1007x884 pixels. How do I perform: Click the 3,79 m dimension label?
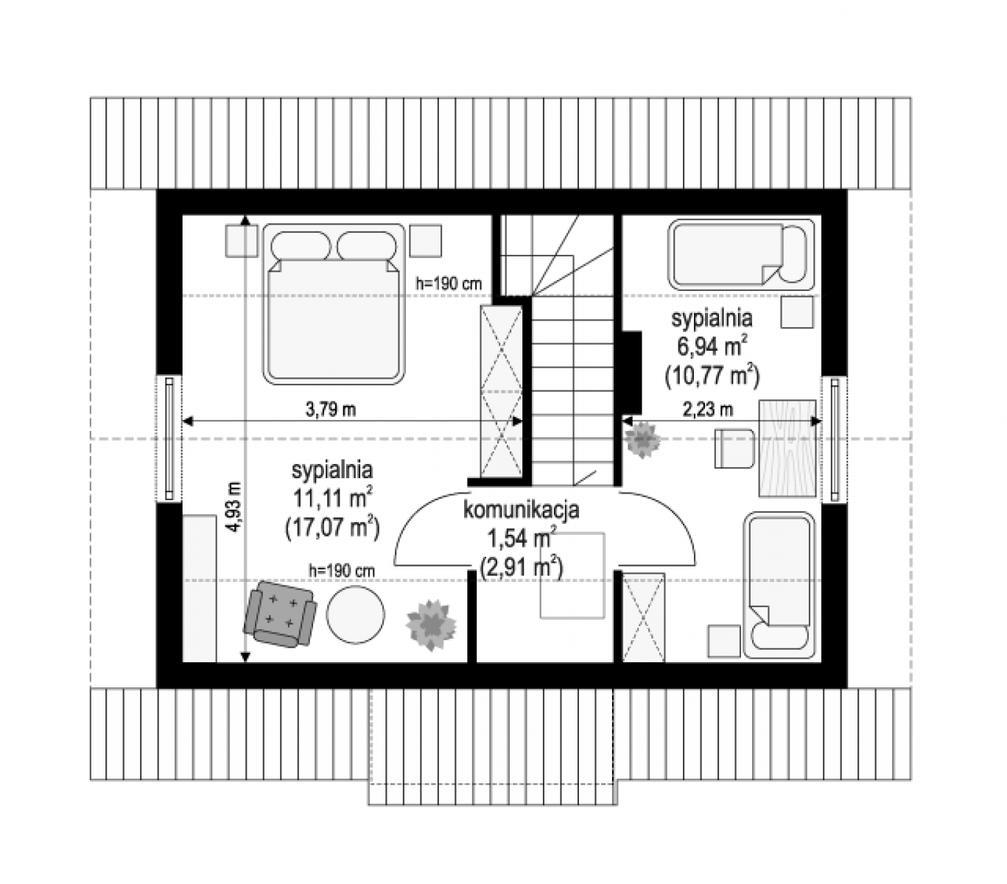pos(331,410)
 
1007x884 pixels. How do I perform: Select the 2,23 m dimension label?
pos(708,410)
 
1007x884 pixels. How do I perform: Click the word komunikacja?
pos(521,510)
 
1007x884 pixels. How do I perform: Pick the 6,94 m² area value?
pos(712,346)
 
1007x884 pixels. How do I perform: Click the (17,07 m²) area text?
pos(332,527)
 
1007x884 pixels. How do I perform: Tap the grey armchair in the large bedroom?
pos(280,614)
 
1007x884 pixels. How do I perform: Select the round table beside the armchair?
pos(355,615)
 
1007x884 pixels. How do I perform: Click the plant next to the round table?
pos(431,625)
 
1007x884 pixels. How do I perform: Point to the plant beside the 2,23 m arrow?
pos(642,440)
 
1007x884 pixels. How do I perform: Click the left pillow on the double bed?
pos(301,246)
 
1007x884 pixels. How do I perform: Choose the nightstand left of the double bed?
pos(242,241)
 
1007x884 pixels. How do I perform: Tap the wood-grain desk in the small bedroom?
pos(787,448)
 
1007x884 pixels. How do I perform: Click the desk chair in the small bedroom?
pos(734,448)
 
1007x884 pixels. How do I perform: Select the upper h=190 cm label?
pos(449,284)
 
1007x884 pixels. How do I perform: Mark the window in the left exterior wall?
pos(169,438)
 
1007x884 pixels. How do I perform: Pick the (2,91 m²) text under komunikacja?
pos(522,567)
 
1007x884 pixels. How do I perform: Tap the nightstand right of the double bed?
pos(426,241)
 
